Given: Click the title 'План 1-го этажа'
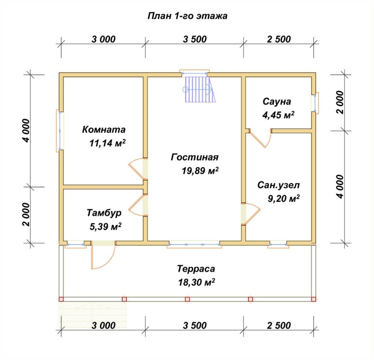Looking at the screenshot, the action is (x=187, y=16).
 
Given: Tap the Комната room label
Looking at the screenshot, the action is (x=104, y=130).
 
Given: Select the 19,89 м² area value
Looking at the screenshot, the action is (x=200, y=171).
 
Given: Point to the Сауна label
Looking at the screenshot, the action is (x=277, y=101).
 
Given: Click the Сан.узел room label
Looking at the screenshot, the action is (x=278, y=185).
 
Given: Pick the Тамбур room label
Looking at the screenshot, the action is (x=104, y=213).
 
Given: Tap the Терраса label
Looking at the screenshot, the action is (x=196, y=269).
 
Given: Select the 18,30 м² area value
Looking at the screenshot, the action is (x=197, y=282).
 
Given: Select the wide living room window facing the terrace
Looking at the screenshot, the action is (x=194, y=244).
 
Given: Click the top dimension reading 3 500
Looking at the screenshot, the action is (x=194, y=39).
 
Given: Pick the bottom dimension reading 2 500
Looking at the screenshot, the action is (x=279, y=325).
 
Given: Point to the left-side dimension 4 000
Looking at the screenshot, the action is (x=27, y=131).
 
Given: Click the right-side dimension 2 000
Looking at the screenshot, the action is (x=340, y=102).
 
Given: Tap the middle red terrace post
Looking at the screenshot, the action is (x=187, y=299).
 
